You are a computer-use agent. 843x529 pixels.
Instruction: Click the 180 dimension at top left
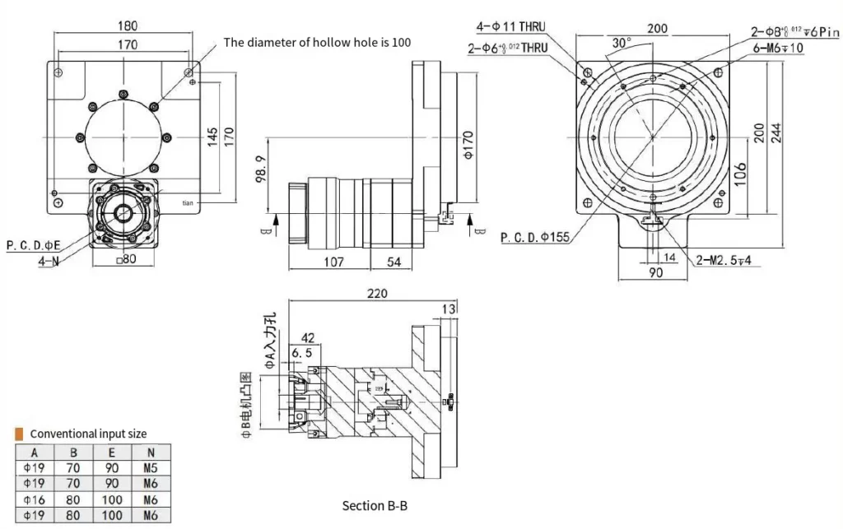coord(126,26)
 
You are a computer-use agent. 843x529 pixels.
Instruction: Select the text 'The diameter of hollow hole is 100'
coord(317,42)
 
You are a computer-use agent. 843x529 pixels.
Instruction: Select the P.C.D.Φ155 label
coord(535,238)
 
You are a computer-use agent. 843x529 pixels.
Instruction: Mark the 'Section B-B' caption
coord(375,505)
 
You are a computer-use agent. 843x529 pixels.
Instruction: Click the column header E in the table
coord(111,452)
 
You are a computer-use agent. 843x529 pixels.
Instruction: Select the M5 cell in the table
coord(149,467)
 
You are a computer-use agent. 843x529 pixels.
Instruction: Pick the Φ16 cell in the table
coord(35,499)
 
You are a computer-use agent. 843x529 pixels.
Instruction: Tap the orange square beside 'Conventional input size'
coord(20,433)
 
